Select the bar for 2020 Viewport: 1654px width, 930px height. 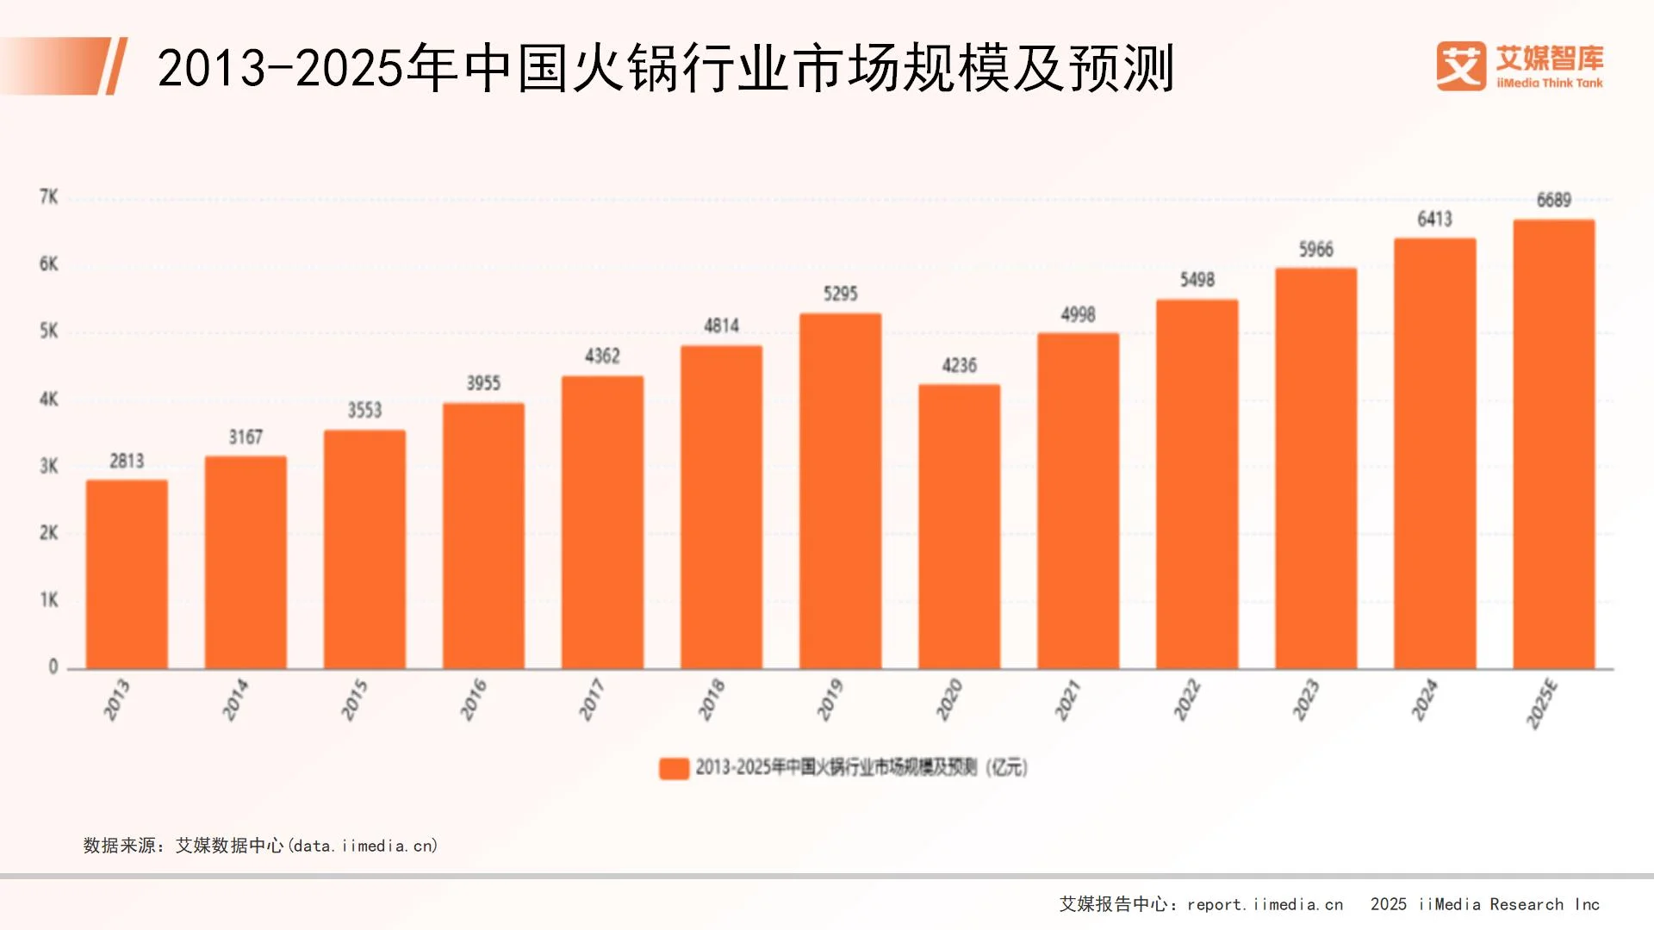click(x=959, y=526)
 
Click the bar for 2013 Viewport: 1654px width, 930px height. click(x=127, y=574)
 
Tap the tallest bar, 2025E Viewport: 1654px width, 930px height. click(x=1553, y=444)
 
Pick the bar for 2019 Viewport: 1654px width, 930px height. click(x=840, y=491)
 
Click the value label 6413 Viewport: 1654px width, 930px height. click(x=1434, y=220)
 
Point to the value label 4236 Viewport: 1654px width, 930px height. click(x=959, y=366)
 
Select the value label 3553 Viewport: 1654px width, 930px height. click(x=364, y=411)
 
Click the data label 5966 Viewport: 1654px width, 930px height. click(x=1315, y=250)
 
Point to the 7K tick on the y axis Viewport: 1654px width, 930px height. click(x=49, y=197)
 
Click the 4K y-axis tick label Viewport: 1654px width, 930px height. click(x=49, y=399)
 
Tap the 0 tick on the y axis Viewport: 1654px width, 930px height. click(x=53, y=666)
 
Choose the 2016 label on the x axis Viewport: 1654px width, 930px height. click(x=473, y=699)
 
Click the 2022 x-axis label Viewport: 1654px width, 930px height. click(x=1186, y=699)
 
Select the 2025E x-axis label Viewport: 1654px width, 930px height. click(x=1542, y=704)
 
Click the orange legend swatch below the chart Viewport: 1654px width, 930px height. click(x=674, y=768)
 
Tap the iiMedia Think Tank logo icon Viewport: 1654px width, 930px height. click(x=1460, y=66)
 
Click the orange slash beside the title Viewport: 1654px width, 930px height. click(x=115, y=66)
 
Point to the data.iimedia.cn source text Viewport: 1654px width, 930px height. click(x=364, y=846)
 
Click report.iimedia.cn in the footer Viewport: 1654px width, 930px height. click(x=1265, y=904)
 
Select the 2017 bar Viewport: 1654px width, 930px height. click(x=602, y=522)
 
